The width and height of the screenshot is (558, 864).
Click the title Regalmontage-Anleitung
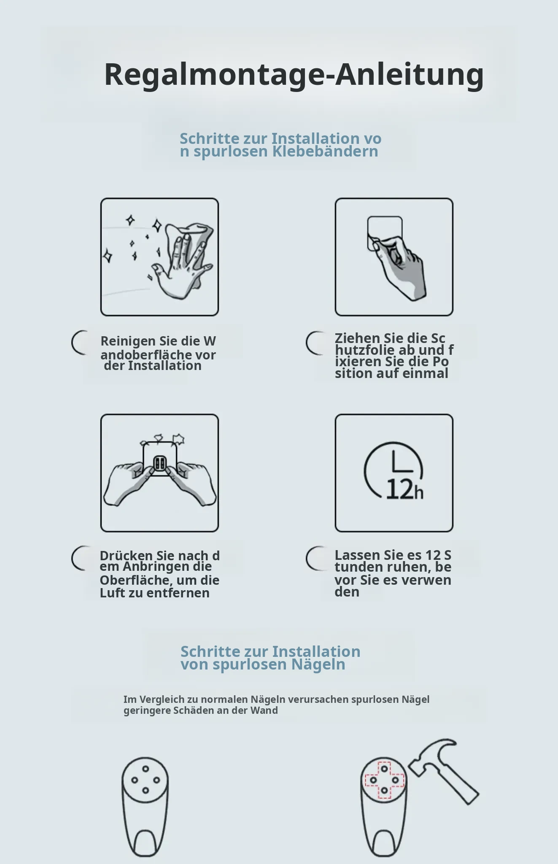pos(294,75)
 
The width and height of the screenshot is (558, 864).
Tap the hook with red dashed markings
pos(384,809)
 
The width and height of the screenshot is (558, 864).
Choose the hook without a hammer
pos(145,809)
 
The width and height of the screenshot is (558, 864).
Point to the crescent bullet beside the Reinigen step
pos(79,343)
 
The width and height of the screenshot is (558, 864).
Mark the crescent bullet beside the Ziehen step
pos(314,343)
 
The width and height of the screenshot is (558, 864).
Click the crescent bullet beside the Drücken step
pos(79,558)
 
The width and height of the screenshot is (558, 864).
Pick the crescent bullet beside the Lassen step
pos(314,558)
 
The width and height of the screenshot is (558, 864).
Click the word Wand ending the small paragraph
pos(264,710)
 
